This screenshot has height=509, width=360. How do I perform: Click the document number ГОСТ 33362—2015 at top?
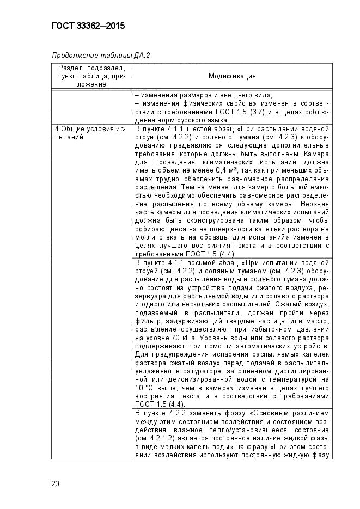coord(88,26)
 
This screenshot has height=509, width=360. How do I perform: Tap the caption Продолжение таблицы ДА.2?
coord(101,55)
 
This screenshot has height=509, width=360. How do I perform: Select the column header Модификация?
coord(232,76)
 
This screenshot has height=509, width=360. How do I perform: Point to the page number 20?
coord(56,483)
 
